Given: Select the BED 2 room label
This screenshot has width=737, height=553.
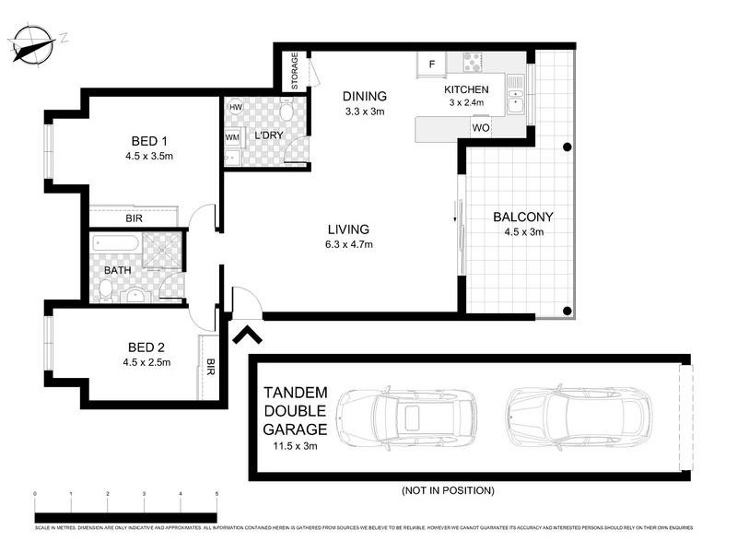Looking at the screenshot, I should coord(146,347).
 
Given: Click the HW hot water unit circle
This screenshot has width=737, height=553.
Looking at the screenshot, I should coord(236,107).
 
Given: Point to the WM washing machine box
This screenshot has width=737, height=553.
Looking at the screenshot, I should coord(233,137).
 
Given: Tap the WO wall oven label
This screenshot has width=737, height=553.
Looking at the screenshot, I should coord(480,128).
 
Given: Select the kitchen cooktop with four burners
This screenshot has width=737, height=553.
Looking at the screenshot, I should coord(473,62).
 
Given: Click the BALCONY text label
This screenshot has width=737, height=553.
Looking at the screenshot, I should coord(523,218).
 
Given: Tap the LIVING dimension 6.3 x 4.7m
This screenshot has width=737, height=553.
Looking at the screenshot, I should coord(347,244).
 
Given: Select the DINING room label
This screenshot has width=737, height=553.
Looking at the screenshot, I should coord(364,96).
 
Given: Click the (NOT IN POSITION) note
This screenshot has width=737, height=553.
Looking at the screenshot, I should coord(449,490).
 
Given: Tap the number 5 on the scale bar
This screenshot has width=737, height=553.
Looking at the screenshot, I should coord(216,495).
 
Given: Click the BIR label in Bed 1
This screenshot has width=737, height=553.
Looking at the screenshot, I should coord(134,219).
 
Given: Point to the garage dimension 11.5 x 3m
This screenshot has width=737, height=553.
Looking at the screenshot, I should coord(296,447).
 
